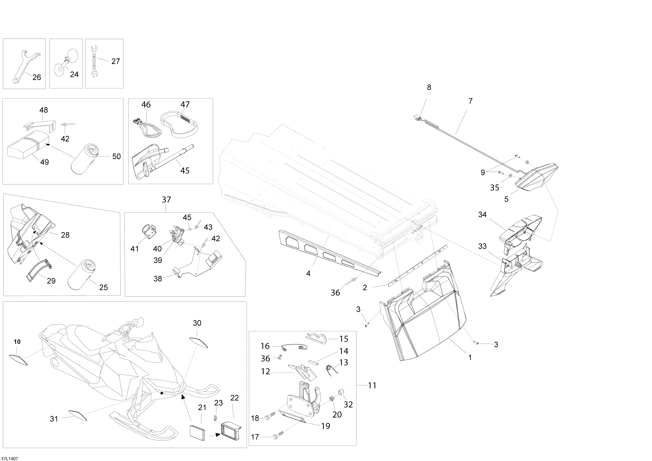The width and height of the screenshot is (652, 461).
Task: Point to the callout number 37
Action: [x=166, y=200]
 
